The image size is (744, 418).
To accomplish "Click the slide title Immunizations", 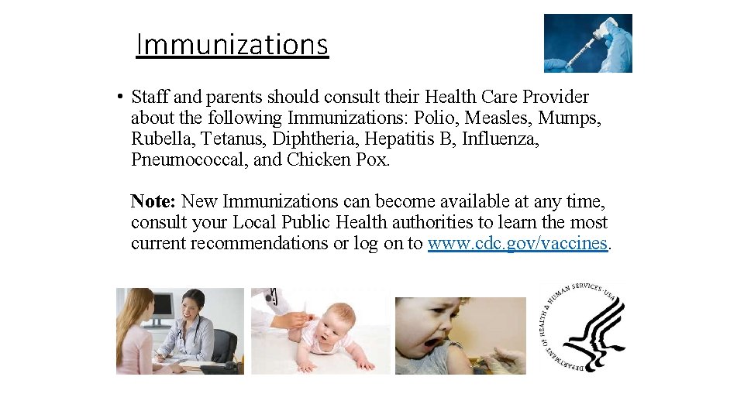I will pos(232,45).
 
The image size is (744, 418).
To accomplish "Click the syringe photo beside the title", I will pos(587,43).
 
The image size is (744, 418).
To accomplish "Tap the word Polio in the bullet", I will pos(436,118).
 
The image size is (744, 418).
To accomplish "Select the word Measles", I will pos(499,118).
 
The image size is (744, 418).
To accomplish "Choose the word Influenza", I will pos(501,139).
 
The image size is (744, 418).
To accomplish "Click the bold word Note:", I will pos(153,201).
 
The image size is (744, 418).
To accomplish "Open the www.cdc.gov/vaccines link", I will pos(518,243).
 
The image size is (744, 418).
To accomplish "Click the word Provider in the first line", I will pos(554,98).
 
